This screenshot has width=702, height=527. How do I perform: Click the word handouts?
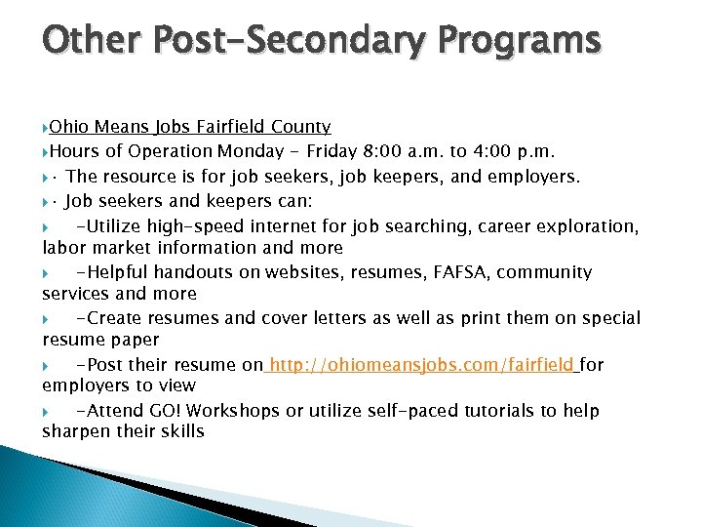click(176, 272)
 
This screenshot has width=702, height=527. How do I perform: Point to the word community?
click(542, 272)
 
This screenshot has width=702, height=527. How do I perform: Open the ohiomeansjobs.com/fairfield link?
click(421, 365)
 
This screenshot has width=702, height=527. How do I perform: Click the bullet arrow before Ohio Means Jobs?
click(46, 128)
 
